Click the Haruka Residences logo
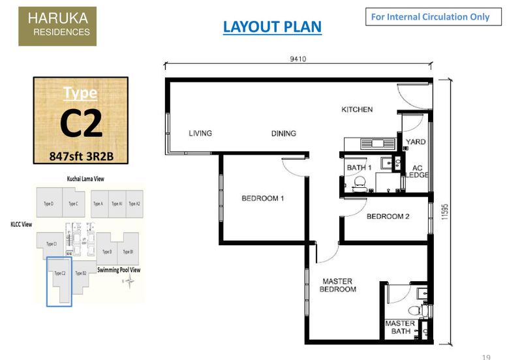57,26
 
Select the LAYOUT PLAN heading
272,27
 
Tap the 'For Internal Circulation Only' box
433,17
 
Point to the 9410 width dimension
298,59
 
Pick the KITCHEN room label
357,110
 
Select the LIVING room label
200,134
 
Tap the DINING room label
283,134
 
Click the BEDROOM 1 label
262,198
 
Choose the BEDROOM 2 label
388,217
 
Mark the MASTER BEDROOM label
338,286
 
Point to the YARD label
416,142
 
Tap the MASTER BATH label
400,327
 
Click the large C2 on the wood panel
81,124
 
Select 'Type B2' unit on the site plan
81,273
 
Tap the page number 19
486,356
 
